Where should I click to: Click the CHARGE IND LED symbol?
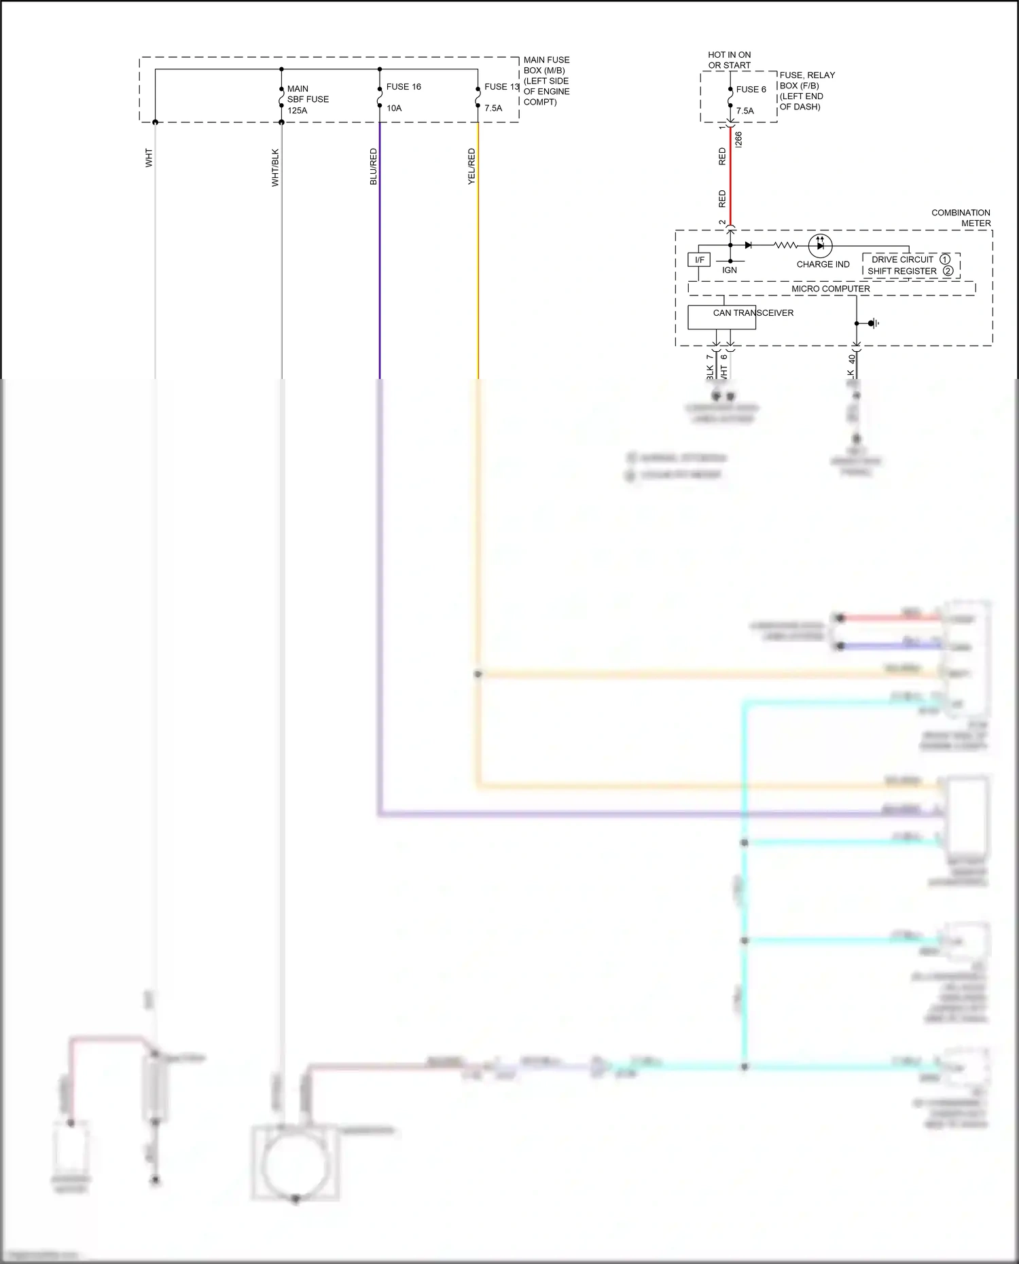pos(820,246)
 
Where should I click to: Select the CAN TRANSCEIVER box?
pos(721,317)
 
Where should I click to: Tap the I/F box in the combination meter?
pos(699,259)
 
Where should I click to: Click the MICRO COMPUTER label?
pos(830,289)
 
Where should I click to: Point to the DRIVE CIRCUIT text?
pos(902,259)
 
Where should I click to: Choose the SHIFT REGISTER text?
pos(901,271)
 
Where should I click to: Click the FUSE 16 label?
pos(404,87)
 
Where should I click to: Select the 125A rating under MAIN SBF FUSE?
pos(298,110)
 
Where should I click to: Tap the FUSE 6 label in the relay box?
pos(751,90)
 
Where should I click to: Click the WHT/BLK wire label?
pos(275,168)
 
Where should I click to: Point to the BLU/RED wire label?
pos(373,166)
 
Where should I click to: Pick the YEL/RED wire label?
pos(471,166)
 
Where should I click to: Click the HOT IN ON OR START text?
pos(729,60)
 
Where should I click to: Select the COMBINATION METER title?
pos(961,217)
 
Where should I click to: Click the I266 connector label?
pos(738,139)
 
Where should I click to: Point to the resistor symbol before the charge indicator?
pos(785,245)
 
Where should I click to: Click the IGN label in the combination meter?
pos(730,270)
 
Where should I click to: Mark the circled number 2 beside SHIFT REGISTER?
pos(948,271)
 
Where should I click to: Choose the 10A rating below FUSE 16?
pos(394,108)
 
